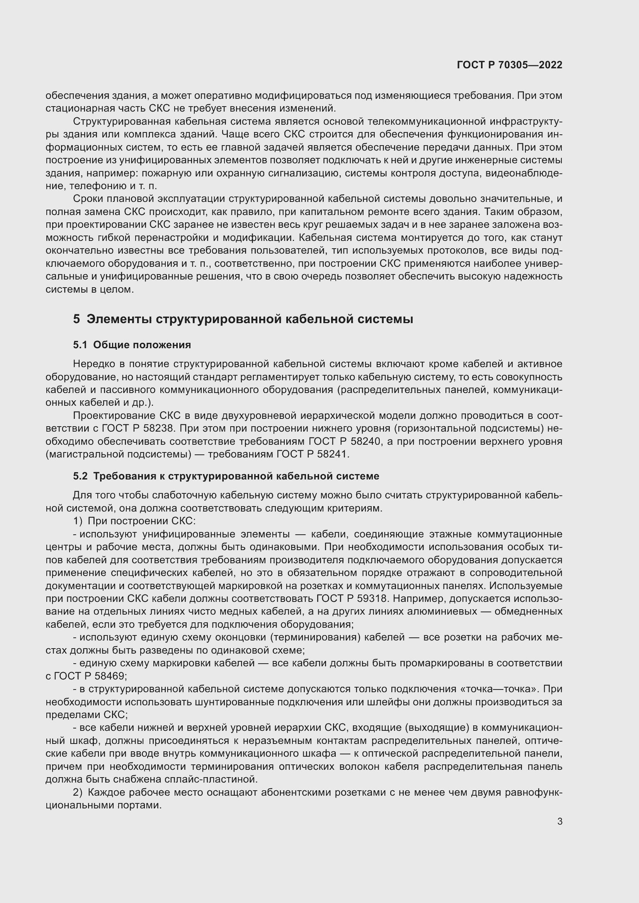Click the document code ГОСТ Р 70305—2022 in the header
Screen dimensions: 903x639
click(509, 65)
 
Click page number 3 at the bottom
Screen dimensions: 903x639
click(559, 822)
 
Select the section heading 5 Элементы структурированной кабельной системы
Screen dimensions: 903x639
click(243, 319)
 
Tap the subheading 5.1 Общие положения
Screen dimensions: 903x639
click(132, 345)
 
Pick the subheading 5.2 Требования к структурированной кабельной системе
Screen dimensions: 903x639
click(226, 476)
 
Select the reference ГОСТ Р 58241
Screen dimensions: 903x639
click(313, 454)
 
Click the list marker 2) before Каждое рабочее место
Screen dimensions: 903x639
click(78, 792)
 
